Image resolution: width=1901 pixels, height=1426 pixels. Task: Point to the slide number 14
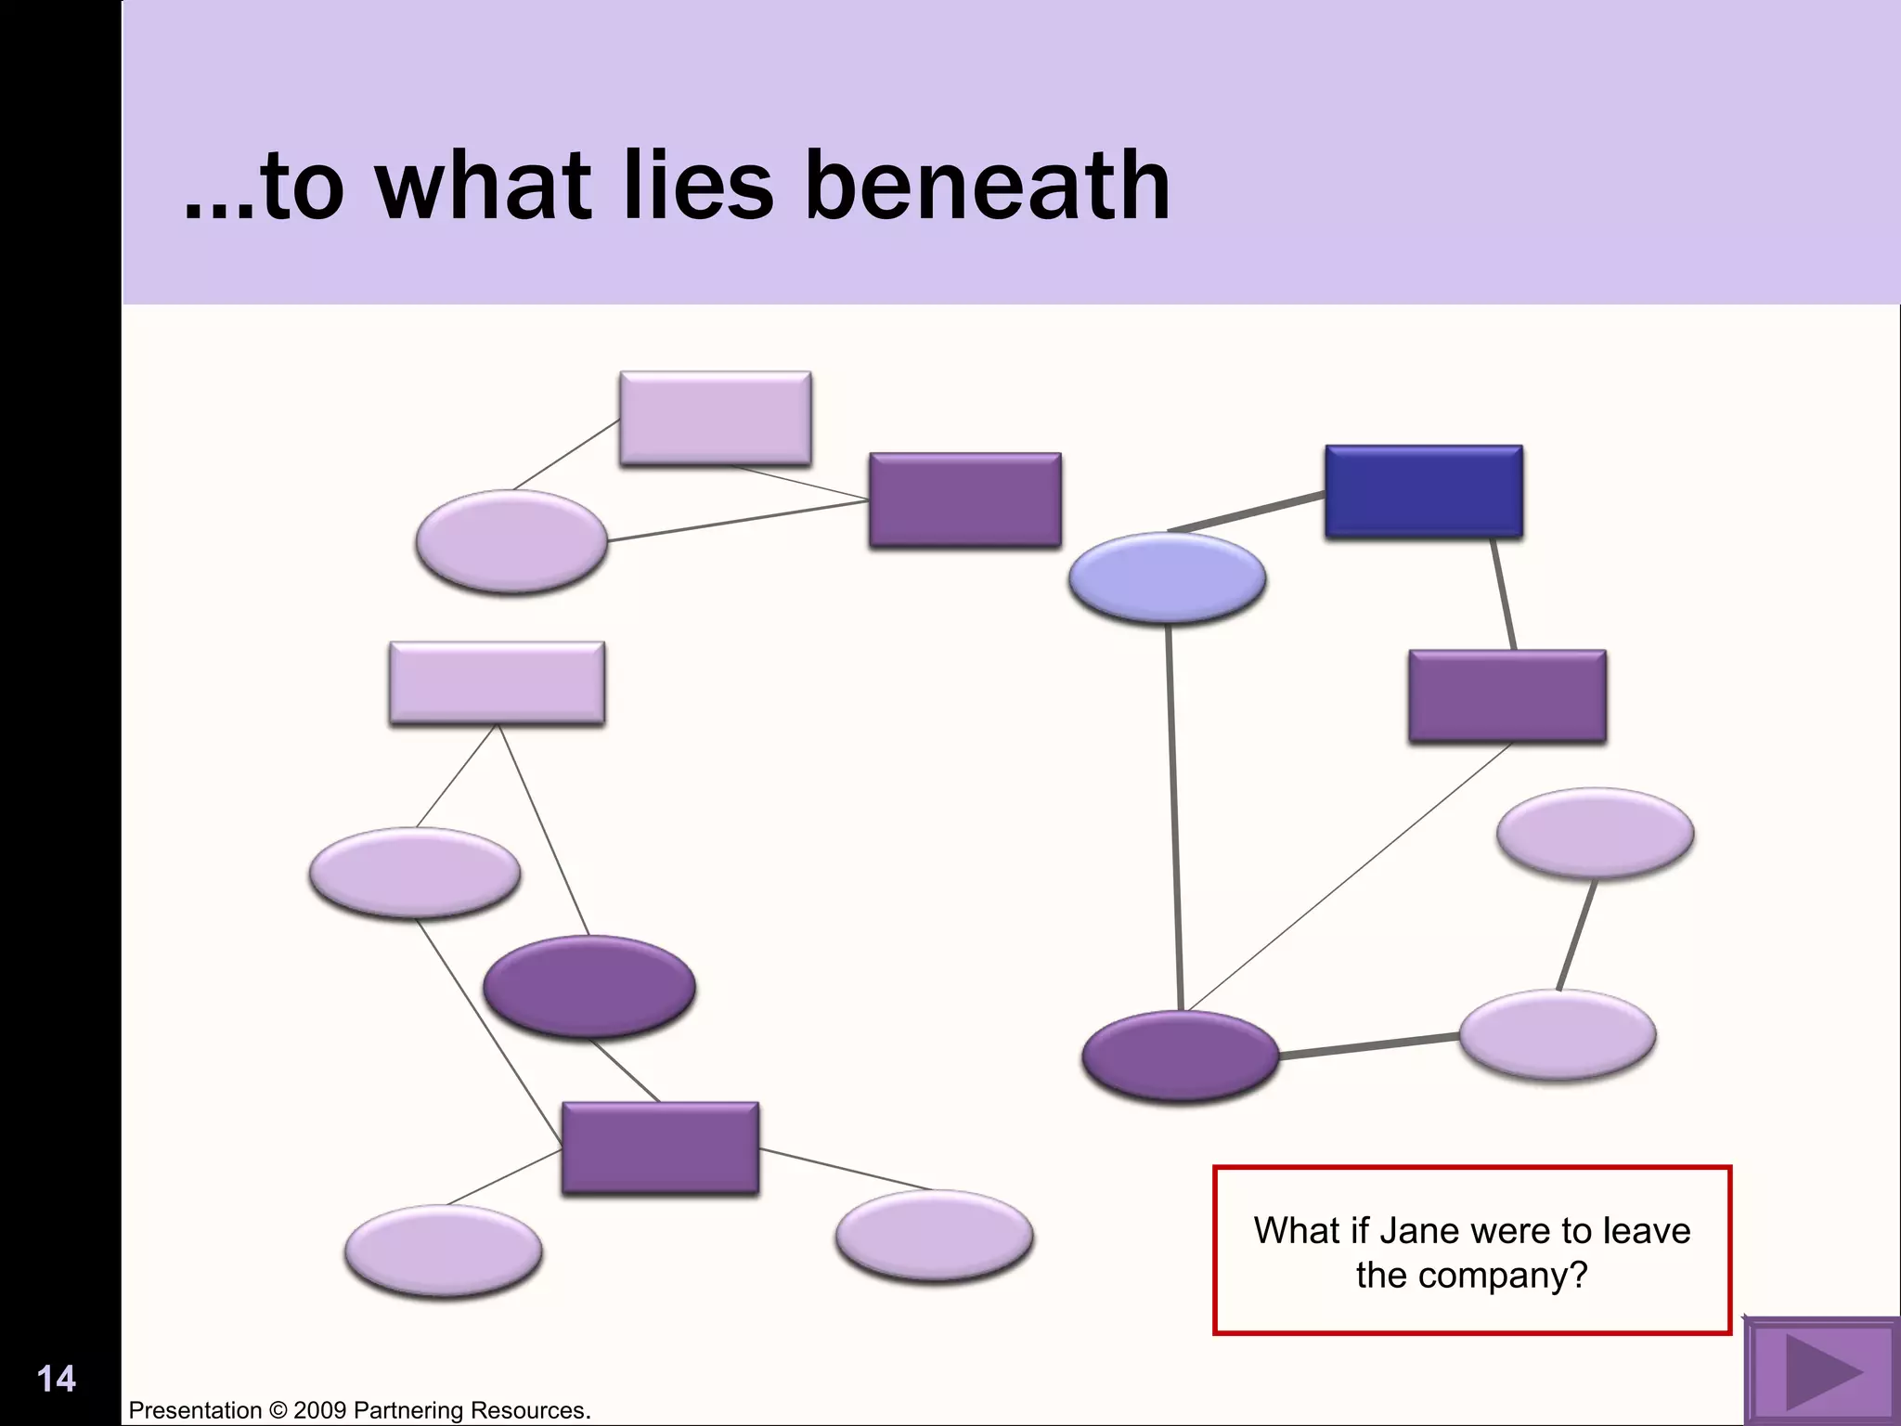click(x=56, y=1379)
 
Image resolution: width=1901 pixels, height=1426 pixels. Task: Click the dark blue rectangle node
click(x=1424, y=492)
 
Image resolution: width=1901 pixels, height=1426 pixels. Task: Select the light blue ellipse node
click(x=1167, y=577)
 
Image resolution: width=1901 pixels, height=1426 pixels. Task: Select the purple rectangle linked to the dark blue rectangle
click(x=1507, y=696)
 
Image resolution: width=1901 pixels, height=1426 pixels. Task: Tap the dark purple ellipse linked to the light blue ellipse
click(x=1180, y=1057)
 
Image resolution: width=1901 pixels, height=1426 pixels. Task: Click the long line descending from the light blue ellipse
click(x=1174, y=817)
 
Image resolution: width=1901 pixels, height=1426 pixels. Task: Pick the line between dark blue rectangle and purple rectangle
click(x=1504, y=594)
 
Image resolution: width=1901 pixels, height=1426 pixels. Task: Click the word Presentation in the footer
click(x=195, y=1411)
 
